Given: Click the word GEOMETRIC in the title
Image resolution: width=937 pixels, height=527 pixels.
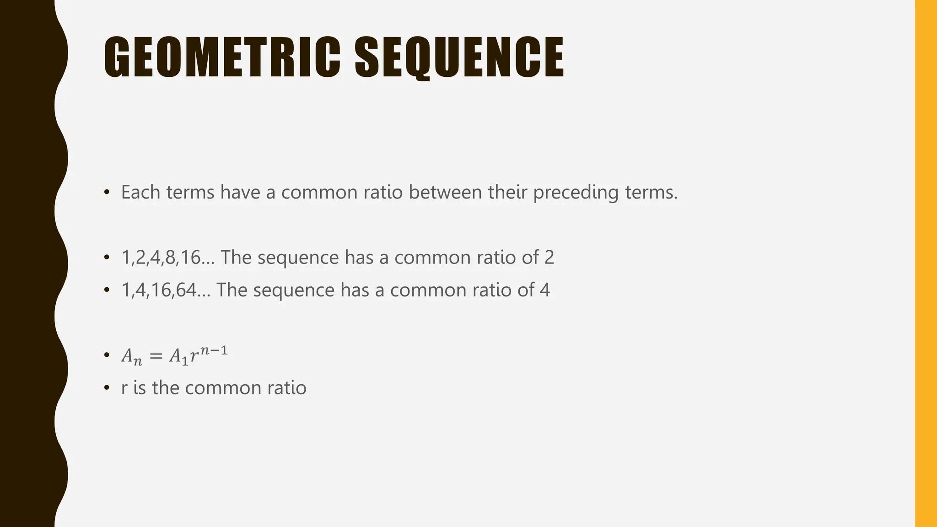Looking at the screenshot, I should click(x=222, y=57).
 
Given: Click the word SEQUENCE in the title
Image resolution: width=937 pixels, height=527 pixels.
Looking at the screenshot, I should click(x=459, y=57).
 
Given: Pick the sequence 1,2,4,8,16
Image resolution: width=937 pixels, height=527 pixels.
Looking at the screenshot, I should click(x=161, y=258).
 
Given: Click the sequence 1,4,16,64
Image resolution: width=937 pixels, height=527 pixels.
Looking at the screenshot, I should click(x=158, y=290).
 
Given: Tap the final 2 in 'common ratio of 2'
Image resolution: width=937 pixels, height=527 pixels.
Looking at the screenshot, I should click(x=549, y=258).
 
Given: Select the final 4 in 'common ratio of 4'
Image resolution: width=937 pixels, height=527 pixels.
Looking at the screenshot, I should click(x=544, y=290).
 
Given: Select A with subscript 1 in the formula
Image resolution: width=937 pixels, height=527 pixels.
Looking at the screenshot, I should click(x=179, y=356).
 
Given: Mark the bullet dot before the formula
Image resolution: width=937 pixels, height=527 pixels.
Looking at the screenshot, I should click(x=107, y=355).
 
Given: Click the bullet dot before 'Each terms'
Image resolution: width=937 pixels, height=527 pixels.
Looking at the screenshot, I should click(x=107, y=192).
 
